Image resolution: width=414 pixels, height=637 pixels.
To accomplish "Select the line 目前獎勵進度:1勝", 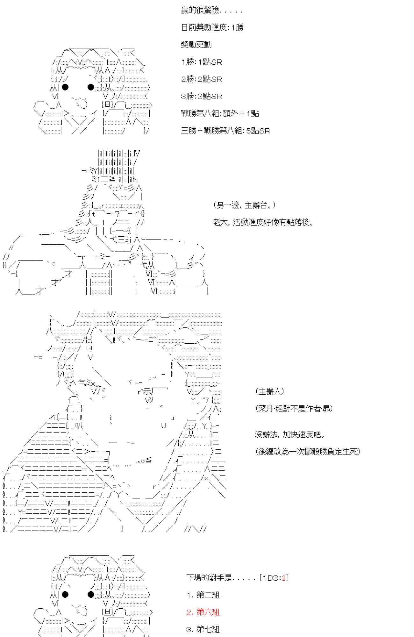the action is [212, 28].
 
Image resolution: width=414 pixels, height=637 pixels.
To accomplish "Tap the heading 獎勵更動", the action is [196, 45].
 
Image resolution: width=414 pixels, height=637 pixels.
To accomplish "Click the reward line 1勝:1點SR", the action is [201, 62].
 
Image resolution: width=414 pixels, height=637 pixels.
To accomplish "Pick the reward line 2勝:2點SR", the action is [201, 79].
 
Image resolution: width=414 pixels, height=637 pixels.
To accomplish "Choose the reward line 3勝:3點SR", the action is [201, 96].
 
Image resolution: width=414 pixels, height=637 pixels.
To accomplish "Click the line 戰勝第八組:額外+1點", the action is [220, 113].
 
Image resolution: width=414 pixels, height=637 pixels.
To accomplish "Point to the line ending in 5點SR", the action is [225, 131].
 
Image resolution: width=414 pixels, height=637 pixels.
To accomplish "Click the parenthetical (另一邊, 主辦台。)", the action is [244, 205].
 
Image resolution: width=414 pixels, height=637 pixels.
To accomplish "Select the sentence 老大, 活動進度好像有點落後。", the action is [263, 222].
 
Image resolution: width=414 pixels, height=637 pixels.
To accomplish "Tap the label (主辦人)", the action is [269, 391].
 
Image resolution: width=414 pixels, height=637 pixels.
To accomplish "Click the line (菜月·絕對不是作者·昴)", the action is [294, 409].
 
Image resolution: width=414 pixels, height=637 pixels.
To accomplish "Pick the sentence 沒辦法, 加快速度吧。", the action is [289, 434].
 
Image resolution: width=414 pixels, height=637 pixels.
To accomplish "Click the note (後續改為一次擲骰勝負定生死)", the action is [307, 452].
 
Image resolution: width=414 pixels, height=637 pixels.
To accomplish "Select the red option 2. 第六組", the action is [203, 612].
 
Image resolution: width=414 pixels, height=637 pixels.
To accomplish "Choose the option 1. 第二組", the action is [203, 595].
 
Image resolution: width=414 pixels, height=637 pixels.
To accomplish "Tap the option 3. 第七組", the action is [203, 629].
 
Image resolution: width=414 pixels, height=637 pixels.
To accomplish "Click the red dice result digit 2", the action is [284, 578].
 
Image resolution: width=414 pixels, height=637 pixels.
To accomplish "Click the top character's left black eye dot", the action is [65, 87].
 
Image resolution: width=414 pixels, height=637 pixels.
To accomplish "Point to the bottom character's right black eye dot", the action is [91, 594].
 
